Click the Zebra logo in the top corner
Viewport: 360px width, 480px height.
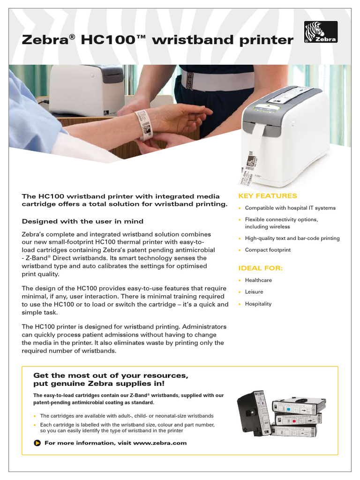[321, 32]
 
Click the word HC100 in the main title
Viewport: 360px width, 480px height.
[106, 40]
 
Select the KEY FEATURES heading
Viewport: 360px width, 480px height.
[268, 196]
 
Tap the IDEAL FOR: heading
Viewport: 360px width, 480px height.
[261, 268]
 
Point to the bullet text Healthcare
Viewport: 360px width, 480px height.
[258, 280]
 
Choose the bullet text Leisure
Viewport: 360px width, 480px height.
[254, 292]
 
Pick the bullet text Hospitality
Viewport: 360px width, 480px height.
[258, 304]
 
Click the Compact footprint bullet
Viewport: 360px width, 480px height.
[268, 250]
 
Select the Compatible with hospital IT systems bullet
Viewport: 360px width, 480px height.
[290, 208]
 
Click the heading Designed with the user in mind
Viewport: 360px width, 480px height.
[82, 221]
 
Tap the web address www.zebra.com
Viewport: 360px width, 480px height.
[160, 443]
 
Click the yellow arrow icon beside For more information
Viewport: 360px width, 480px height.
[37, 443]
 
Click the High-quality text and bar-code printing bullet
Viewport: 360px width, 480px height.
[292, 238]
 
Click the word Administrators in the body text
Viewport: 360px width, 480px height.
[197, 326]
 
